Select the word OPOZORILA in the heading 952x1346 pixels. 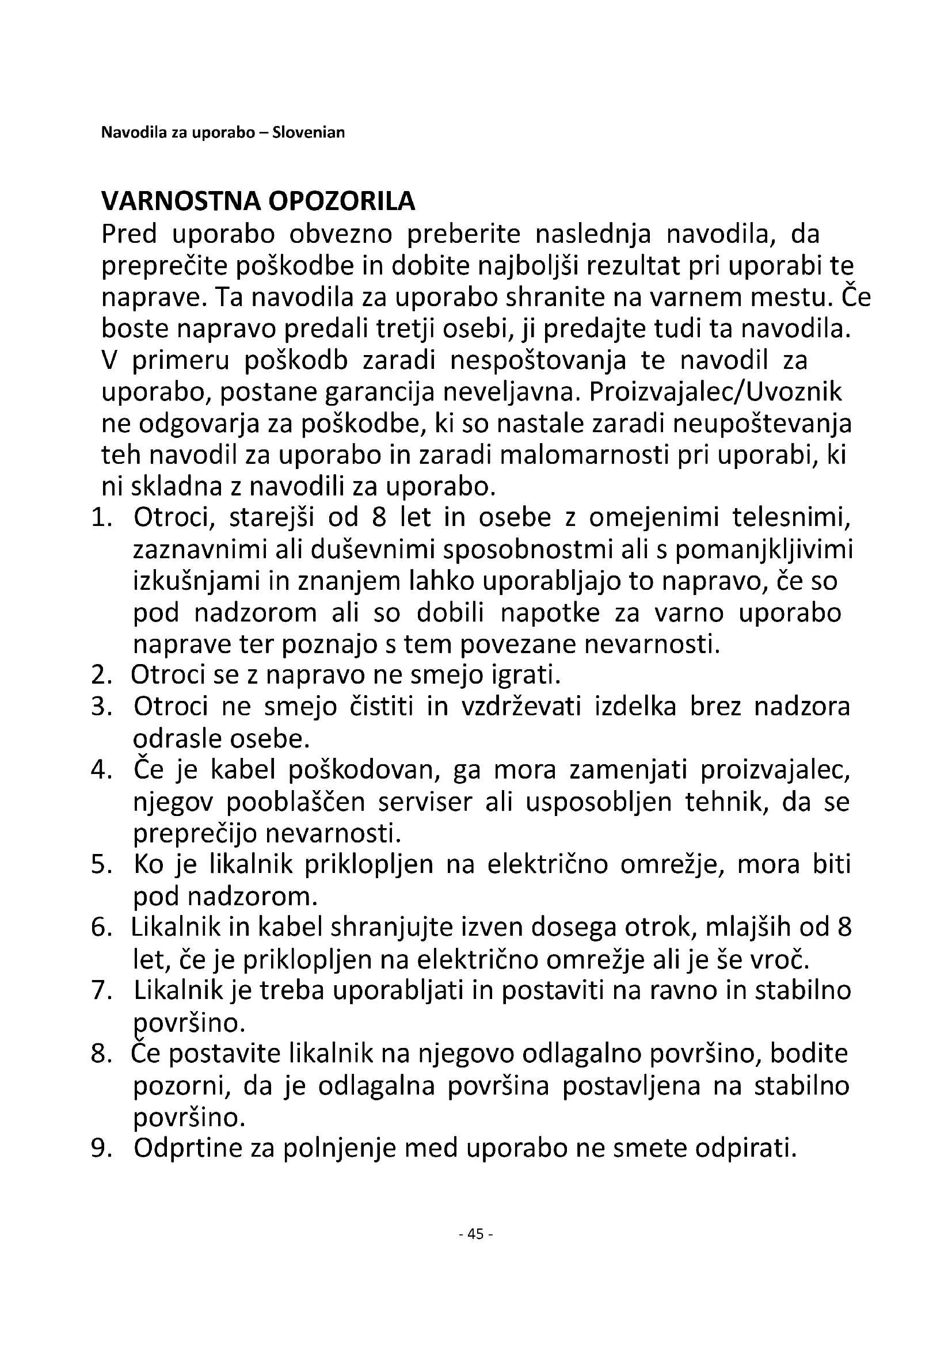(x=342, y=201)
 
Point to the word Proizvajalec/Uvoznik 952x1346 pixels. (x=715, y=392)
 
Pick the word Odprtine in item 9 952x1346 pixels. (x=186, y=1149)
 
